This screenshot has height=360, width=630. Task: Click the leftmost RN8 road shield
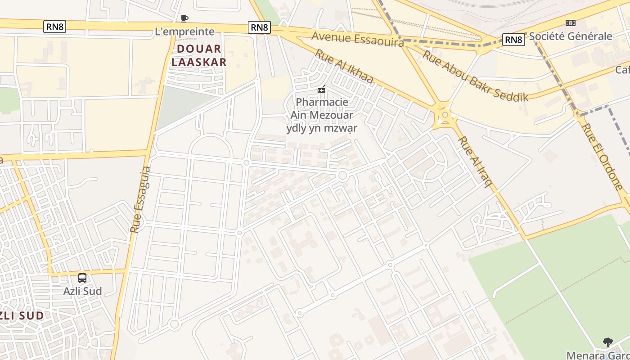click(55, 27)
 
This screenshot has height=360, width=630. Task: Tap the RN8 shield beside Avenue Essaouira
click(259, 27)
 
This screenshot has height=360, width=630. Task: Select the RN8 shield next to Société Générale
click(513, 40)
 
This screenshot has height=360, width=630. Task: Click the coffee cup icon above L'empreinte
click(184, 18)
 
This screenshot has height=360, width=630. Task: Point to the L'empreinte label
click(184, 31)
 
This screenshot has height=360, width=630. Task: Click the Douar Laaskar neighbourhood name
click(199, 55)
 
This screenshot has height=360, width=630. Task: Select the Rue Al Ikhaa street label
click(344, 66)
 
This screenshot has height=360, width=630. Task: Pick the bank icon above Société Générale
click(570, 23)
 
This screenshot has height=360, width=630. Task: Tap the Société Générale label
click(570, 36)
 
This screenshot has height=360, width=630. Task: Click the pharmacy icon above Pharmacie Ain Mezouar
click(322, 90)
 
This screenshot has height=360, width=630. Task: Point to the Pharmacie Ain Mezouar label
click(322, 115)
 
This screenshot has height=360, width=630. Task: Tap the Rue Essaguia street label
click(141, 199)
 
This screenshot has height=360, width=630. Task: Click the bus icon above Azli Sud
click(82, 278)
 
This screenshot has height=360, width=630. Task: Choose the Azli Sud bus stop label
click(82, 291)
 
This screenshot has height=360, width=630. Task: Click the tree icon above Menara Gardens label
click(607, 342)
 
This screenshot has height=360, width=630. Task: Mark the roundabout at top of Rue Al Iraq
click(445, 115)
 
